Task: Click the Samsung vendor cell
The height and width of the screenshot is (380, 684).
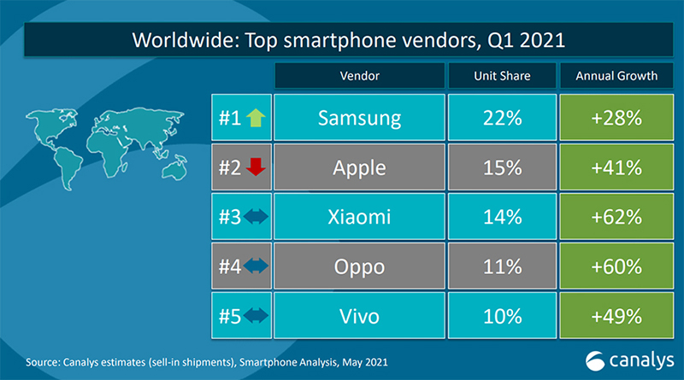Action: coord(359,117)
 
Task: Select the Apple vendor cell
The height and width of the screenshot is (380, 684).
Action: coord(359,167)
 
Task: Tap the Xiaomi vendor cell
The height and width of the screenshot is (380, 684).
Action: coord(359,217)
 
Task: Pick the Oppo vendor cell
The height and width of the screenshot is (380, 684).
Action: coord(359,266)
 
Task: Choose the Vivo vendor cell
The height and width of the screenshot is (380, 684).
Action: coord(359,317)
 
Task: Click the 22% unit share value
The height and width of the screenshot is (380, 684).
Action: coord(502,117)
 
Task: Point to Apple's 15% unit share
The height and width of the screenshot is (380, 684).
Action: coord(502,167)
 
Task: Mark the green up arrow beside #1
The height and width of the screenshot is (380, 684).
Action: coord(254,118)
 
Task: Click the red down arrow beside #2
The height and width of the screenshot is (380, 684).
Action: coord(254,167)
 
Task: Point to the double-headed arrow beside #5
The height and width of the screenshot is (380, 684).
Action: coord(255,317)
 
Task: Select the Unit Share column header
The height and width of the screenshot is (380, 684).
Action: coord(502,76)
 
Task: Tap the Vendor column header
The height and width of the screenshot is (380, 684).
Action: coord(359,76)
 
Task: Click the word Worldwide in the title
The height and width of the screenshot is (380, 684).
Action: coord(176,40)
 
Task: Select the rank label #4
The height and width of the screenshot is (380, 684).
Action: coord(228,267)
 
